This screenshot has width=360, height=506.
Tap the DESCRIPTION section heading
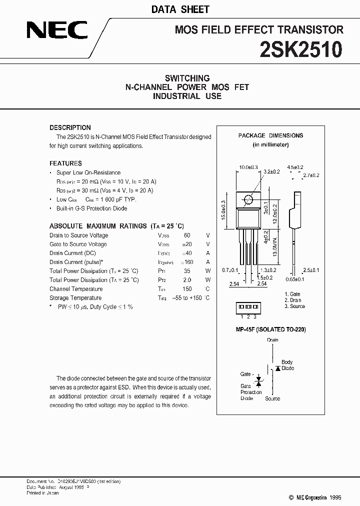70,127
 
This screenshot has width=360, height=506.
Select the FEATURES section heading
65,163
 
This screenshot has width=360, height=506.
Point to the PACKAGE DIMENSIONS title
270,135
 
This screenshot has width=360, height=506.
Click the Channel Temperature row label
76,289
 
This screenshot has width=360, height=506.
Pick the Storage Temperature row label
75,298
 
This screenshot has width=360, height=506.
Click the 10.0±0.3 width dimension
248,167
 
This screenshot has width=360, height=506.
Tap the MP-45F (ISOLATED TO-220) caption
270,329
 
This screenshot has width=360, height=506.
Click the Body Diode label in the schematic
287,365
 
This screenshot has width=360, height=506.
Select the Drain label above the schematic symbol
272,340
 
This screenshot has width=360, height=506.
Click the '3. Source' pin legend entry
294,306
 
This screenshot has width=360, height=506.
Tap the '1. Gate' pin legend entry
292,294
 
